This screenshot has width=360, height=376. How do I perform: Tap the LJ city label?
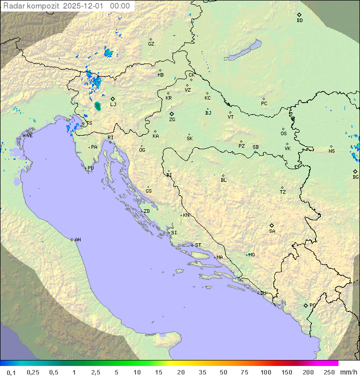pos(113,105)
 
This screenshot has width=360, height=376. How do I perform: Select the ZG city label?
pos(172,120)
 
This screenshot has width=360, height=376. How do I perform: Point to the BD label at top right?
pos(299,21)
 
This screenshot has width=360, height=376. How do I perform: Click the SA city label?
pos(272,231)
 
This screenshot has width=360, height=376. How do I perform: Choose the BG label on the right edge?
pos(355,177)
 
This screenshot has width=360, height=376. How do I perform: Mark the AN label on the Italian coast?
pos(77,240)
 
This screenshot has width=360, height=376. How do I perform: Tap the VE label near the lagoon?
pos(29,136)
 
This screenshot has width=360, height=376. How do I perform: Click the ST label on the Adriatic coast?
pos(198,245)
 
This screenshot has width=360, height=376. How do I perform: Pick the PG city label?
pos(312,305)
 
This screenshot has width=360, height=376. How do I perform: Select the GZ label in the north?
pos(151,44)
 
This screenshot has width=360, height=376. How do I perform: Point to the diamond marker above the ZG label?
pos(171,114)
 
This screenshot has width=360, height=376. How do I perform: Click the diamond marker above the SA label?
pos(271,225)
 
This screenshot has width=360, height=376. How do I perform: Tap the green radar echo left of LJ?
pos(97,106)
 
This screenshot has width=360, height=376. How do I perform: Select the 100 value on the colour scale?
pos(265,372)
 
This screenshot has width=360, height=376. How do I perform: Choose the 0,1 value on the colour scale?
pos(11,372)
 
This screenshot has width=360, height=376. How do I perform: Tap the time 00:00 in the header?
pos(120,6)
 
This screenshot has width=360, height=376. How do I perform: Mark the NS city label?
pos(331,151)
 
